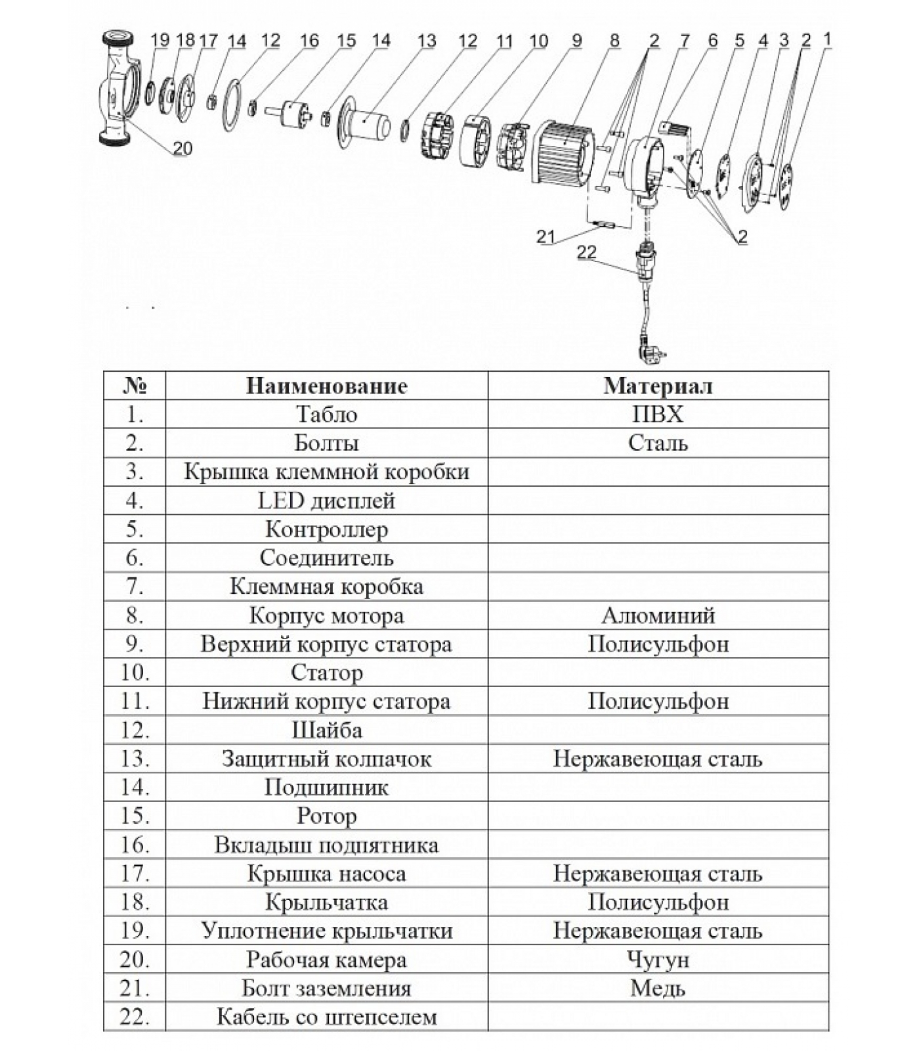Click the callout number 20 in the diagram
coord(182,148)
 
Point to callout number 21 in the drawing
coord(546,237)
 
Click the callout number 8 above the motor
coord(614,40)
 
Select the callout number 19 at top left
coord(160,40)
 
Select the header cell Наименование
coord(326,386)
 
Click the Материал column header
coord(658,386)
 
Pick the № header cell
coord(135,386)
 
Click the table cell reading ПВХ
coord(658,414)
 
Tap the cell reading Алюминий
coord(658,615)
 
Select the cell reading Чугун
coord(658,960)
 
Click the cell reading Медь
coord(658,988)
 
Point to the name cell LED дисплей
coord(326,501)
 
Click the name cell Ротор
coord(326,816)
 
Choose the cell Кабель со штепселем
coord(326,1017)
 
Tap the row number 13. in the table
coord(135,759)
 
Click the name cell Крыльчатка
coord(326,902)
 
